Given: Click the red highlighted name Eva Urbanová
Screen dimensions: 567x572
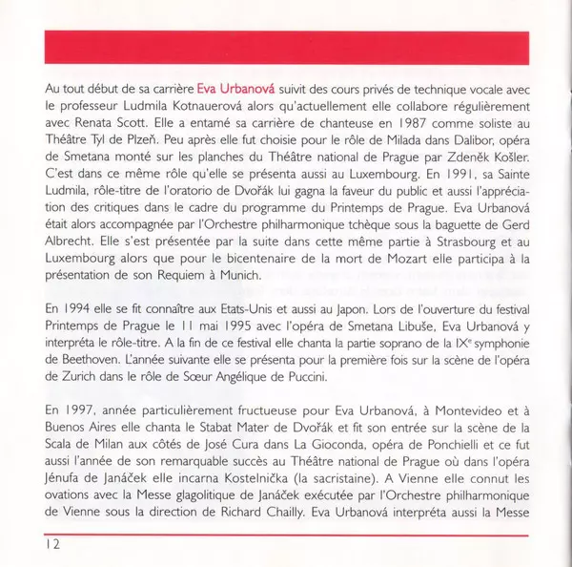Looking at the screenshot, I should [238, 88].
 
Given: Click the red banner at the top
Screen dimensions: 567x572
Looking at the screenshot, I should [286, 44].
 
